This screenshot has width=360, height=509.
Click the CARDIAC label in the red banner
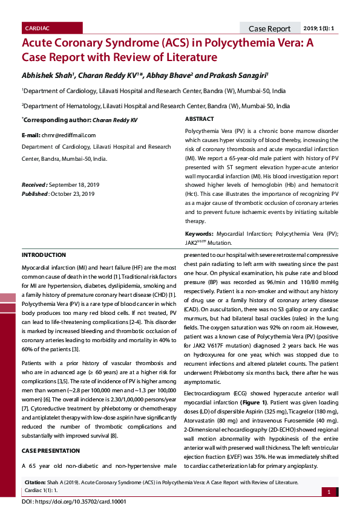click(38, 28)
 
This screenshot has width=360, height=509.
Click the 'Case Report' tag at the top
click(269, 28)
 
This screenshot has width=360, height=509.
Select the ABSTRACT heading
click(199, 119)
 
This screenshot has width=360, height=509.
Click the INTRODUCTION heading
click(44, 255)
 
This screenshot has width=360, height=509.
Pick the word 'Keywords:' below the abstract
click(199, 233)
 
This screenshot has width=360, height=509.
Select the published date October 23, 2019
click(72, 193)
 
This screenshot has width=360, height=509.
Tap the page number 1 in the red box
click(329, 492)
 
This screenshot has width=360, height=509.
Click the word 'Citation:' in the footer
click(35, 482)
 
